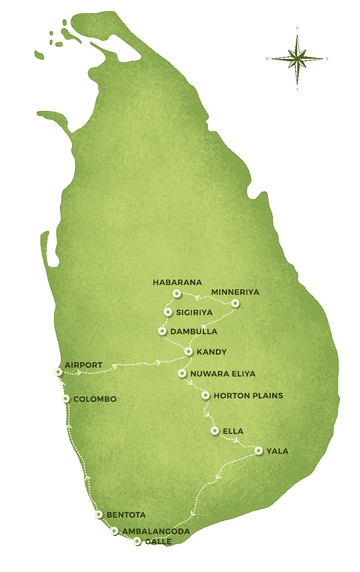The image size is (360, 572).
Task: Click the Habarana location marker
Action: point(177,293)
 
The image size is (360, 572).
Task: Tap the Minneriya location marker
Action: point(235,303)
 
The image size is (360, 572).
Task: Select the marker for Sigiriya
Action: point(168,312)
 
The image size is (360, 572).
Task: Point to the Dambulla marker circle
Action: point(162,331)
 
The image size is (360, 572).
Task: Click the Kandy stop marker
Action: point(188,351)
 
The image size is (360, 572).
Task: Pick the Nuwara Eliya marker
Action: point(182,374)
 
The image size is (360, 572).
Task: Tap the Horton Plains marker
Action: point(205,395)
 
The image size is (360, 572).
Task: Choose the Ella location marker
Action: point(215,430)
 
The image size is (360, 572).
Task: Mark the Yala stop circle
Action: point(258,450)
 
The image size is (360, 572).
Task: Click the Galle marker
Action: point(137,541)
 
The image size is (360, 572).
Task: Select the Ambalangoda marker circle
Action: point(114,531)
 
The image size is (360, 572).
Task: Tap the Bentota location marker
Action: point(99,514)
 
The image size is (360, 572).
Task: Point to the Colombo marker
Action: point(66,398)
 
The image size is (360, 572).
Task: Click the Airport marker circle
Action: point(58,372)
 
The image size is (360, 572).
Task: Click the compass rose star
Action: point(297,59)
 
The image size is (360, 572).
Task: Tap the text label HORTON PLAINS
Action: point(248,395)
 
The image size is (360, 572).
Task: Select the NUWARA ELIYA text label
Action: point(223,374)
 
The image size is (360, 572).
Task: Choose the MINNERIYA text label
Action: point(235,292)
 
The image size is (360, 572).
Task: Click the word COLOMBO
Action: point(95,399)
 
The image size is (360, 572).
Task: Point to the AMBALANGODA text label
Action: point(156,531)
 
